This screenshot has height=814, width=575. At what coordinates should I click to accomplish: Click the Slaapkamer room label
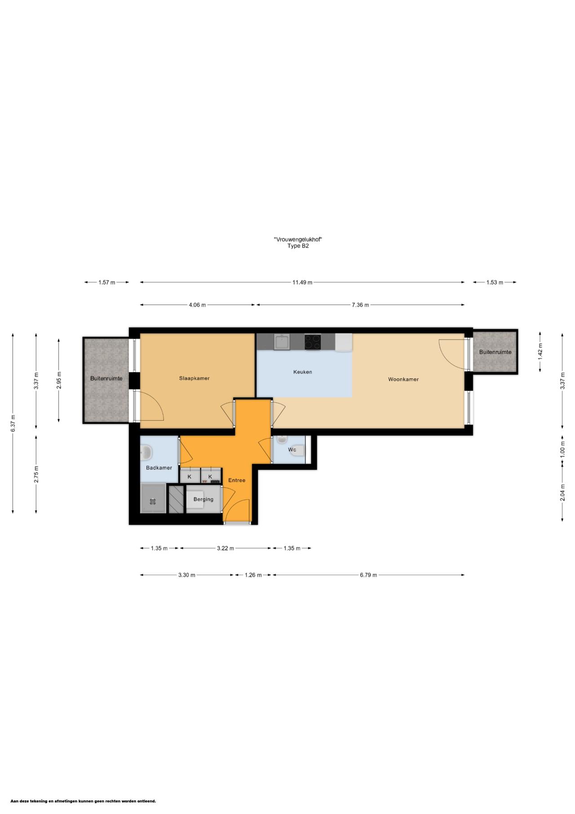194,378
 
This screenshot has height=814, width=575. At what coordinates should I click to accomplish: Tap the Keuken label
302,372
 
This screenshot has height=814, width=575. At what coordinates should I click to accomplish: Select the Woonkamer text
403,379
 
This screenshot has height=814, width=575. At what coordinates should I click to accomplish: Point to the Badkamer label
159,468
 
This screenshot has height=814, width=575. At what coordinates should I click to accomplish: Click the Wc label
292,449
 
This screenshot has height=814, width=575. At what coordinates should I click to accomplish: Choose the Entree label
237,480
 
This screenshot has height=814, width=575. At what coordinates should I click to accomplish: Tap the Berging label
203,499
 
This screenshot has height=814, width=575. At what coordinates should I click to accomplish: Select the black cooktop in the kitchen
313,342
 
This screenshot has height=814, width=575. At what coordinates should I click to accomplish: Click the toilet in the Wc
298,449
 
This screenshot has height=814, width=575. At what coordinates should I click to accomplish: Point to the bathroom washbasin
146,453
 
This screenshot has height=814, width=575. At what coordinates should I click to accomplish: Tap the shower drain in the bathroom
153,501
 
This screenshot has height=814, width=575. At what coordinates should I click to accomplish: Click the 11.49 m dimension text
302,282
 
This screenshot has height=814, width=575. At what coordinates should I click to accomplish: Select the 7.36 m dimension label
360,305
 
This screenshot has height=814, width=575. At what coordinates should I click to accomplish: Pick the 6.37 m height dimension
13,423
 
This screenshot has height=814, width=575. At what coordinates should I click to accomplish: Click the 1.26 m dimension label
253,575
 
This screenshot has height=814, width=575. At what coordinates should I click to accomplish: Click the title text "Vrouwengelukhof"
298,240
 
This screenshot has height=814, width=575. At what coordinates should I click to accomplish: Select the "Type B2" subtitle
298,246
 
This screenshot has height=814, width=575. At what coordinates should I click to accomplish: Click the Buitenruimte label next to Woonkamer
495,352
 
